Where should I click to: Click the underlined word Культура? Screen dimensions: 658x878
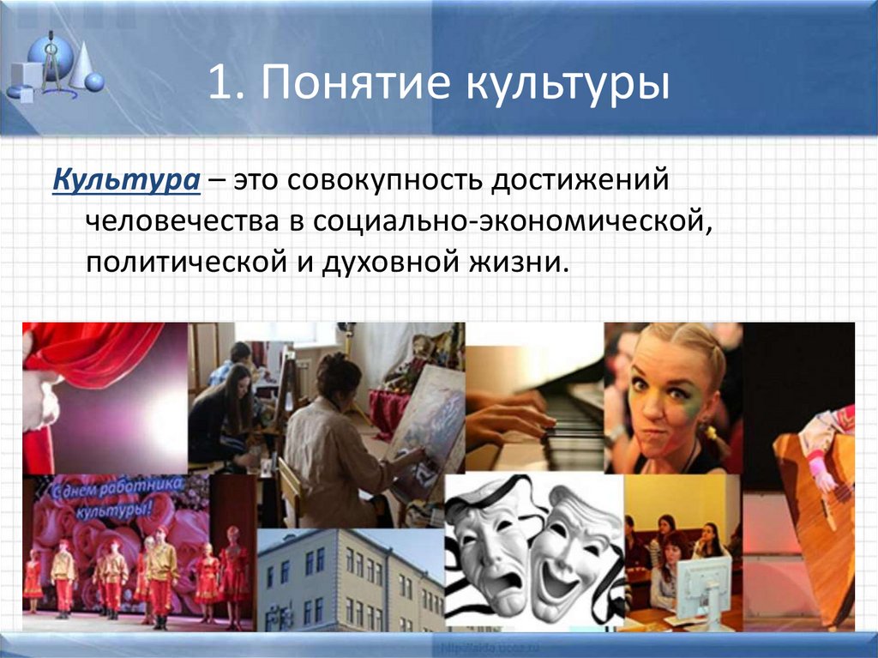point(128,182)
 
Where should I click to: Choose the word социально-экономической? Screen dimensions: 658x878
point(512,222)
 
